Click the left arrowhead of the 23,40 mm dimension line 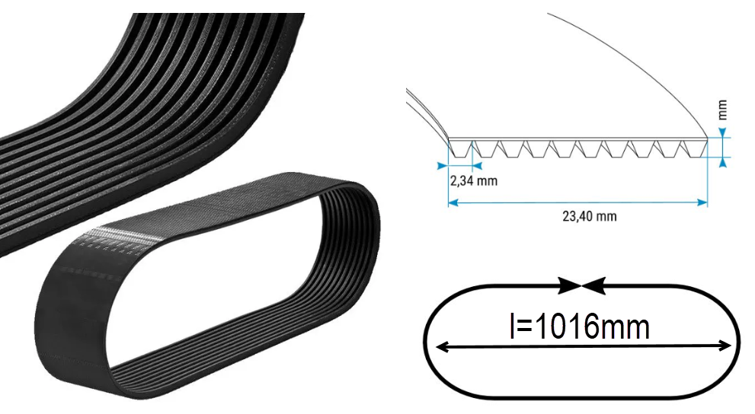(x=452, y=202)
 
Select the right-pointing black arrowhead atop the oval (x=569, y=285)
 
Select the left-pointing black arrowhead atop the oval (x=593, y=285)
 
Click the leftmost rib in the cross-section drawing (x=459, y=149)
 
